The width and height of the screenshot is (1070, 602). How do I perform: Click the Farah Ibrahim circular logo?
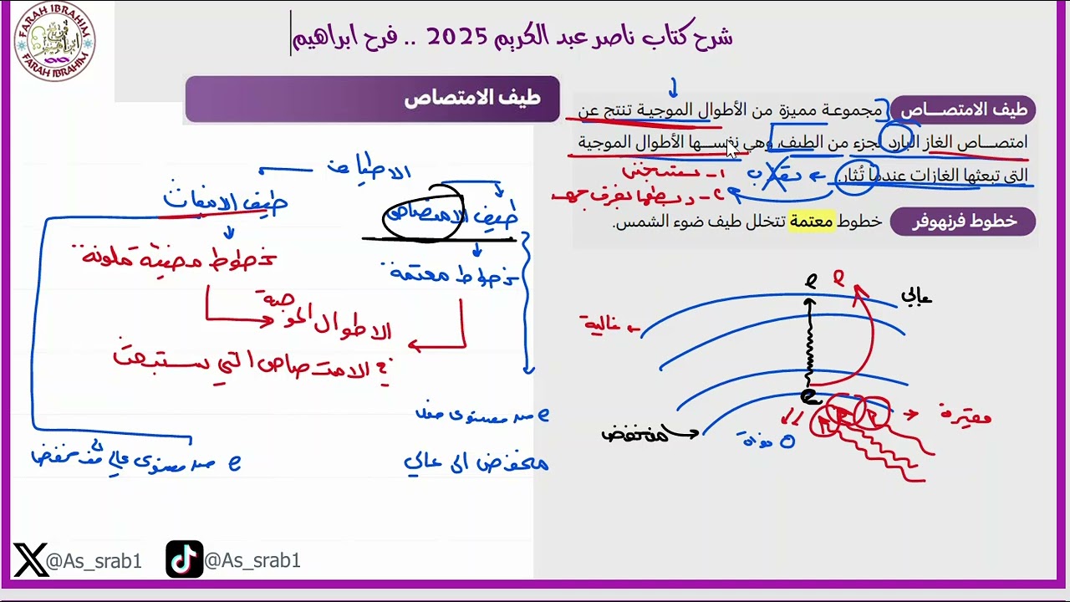tap(54, 41)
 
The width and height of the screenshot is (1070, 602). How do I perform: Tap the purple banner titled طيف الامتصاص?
tap(372, 99)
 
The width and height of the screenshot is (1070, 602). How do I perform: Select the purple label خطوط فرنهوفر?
tap(963, 221)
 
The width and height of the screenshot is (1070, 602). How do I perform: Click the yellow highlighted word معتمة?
tap(812, 222)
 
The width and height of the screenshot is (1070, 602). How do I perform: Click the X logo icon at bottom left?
tap(30, 559)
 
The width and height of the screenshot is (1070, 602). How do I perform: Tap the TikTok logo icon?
tap(184, 559)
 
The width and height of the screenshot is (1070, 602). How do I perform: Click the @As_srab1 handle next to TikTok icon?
tap(252, 561)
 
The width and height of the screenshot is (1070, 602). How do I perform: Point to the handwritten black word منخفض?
tap(635, 433)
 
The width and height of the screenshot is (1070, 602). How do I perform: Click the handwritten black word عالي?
tap(916, 296)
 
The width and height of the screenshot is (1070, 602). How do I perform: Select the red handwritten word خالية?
tap(605, 323)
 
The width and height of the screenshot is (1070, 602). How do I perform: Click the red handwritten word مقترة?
tap(965, 415)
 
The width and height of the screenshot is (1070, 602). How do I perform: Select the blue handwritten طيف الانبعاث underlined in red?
tap(224, 202)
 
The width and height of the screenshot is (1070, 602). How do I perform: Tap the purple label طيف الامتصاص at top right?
tap(963, 110)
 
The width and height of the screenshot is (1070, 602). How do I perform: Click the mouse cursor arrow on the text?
tap(732, 150)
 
